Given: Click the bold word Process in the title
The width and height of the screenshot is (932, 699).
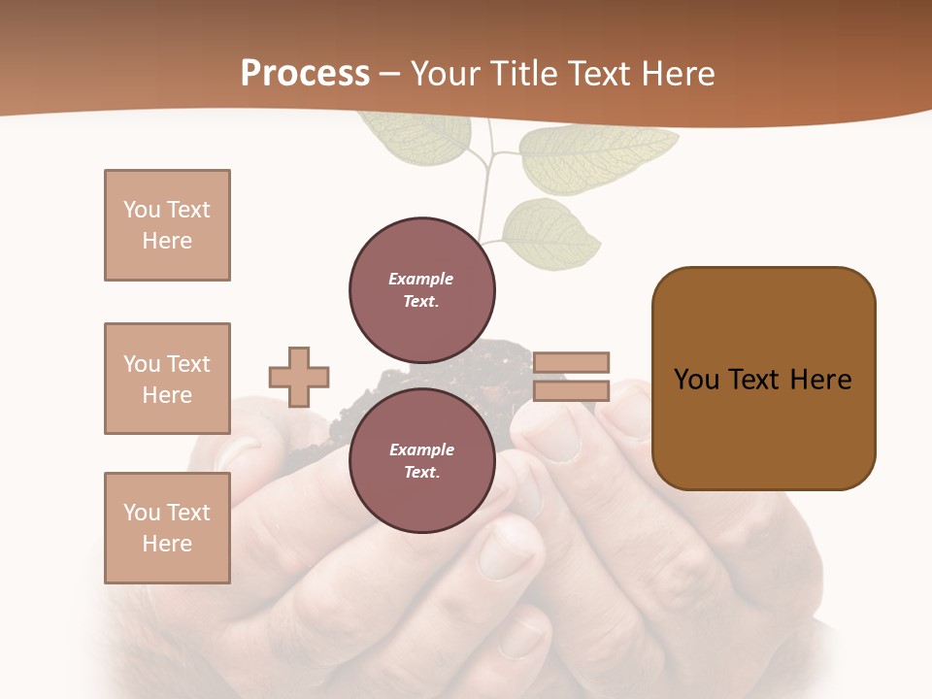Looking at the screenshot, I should (x=305, y=74).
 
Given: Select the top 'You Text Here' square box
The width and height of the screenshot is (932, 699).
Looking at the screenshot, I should (x=167, y=225).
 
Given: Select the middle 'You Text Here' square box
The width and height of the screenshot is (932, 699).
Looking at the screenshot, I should (x=167, y=379).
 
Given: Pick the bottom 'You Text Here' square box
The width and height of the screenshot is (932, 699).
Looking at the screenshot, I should (x=167, y=528).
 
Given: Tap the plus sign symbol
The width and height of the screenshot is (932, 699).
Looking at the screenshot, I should (x=299, y=377).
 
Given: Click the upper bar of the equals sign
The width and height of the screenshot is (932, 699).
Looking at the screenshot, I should (x=571, y=362).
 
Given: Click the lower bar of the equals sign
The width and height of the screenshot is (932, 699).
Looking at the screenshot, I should (x=571, y=391).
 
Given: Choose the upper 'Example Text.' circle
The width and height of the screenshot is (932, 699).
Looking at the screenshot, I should (x=421, y=290).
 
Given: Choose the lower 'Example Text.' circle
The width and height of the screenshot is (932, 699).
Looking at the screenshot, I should (x=421, y=461).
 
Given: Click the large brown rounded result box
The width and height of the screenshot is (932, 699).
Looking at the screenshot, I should (x=763, y=379).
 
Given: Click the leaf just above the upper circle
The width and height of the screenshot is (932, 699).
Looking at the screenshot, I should (x=551, y=234).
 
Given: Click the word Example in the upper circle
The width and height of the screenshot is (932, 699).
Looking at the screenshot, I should (x=421, y=279).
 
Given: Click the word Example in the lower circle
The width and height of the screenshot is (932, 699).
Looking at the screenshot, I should (x=421, y=449).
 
